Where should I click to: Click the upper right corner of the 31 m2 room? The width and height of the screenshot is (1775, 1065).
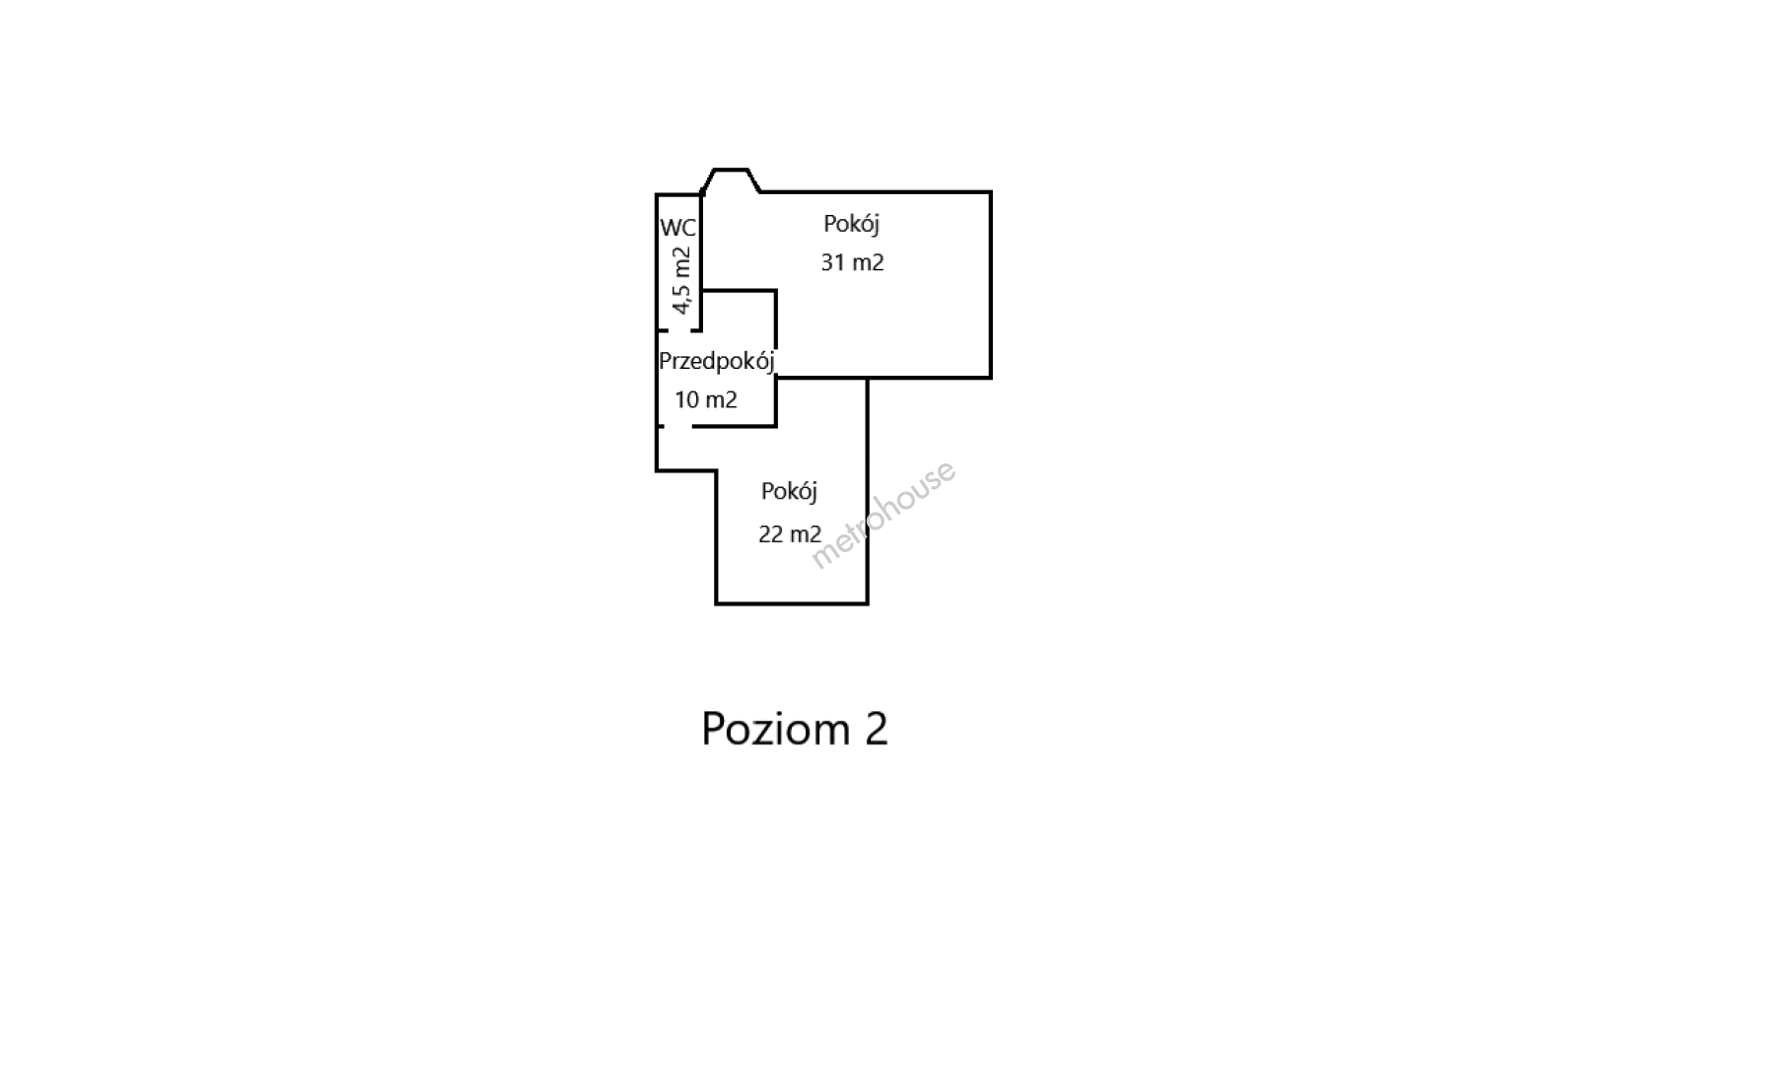point(990,192)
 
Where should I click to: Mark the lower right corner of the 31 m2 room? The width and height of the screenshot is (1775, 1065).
point(990,377)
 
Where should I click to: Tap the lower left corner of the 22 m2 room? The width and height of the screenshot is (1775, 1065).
point(717,603)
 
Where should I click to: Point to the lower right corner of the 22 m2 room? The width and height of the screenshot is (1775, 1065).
point(867,603)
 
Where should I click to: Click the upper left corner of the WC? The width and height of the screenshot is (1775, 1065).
point(658,195)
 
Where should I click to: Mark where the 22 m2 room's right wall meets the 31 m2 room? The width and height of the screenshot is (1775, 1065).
point(867,377)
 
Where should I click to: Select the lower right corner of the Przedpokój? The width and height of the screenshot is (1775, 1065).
point(776,426)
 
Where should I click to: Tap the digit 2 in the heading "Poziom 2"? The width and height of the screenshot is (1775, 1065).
point(877,729)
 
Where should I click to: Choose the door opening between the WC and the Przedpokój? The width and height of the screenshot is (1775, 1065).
point(679,330)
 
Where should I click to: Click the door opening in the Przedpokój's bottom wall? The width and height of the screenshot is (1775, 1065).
point(677,426)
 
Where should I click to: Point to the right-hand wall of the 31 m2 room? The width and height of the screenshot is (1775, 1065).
point(990,285)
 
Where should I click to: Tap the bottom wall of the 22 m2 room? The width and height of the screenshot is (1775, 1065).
point(792,603)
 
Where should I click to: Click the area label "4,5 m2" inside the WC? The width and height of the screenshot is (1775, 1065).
point(680,280)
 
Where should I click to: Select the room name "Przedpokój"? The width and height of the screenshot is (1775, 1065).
point(717,362)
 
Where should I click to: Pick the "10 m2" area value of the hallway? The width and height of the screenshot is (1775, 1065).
point(706,399)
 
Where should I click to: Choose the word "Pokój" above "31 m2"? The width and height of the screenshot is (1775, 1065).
point(851,224)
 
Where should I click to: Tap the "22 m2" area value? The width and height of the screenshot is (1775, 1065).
point(790,533)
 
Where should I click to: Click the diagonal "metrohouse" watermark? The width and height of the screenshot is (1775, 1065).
point(883,515)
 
